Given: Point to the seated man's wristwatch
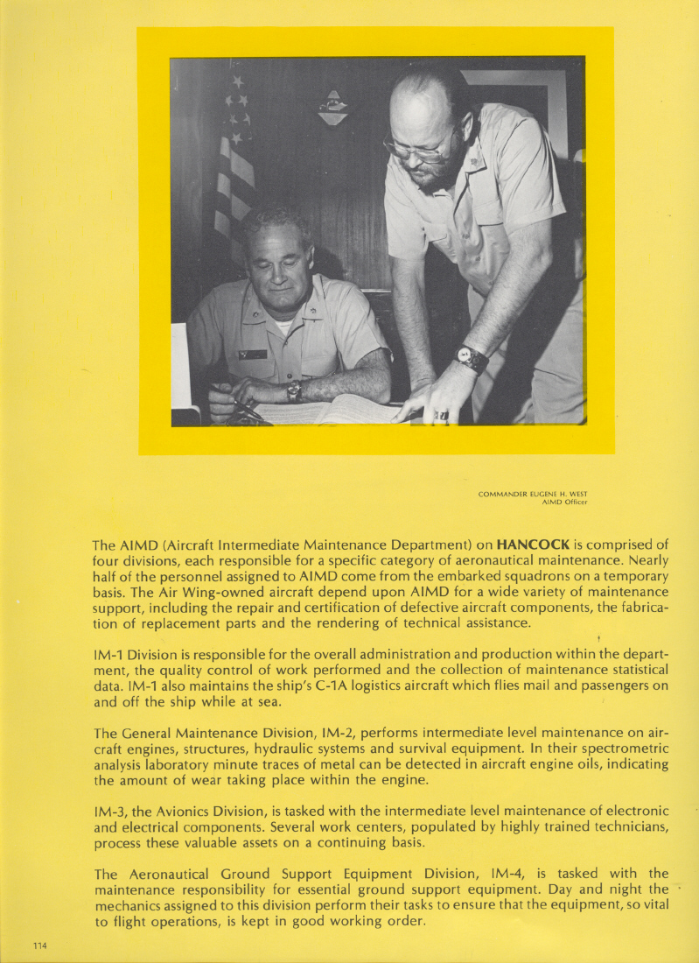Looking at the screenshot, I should click(295, 390).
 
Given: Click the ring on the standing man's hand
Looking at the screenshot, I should click(442, 414).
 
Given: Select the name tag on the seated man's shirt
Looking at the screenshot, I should click(253, 354).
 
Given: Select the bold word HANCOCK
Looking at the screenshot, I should click(534, 545).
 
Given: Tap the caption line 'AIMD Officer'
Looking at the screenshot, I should click(564, 503).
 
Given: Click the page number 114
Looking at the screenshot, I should click(39, 945).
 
